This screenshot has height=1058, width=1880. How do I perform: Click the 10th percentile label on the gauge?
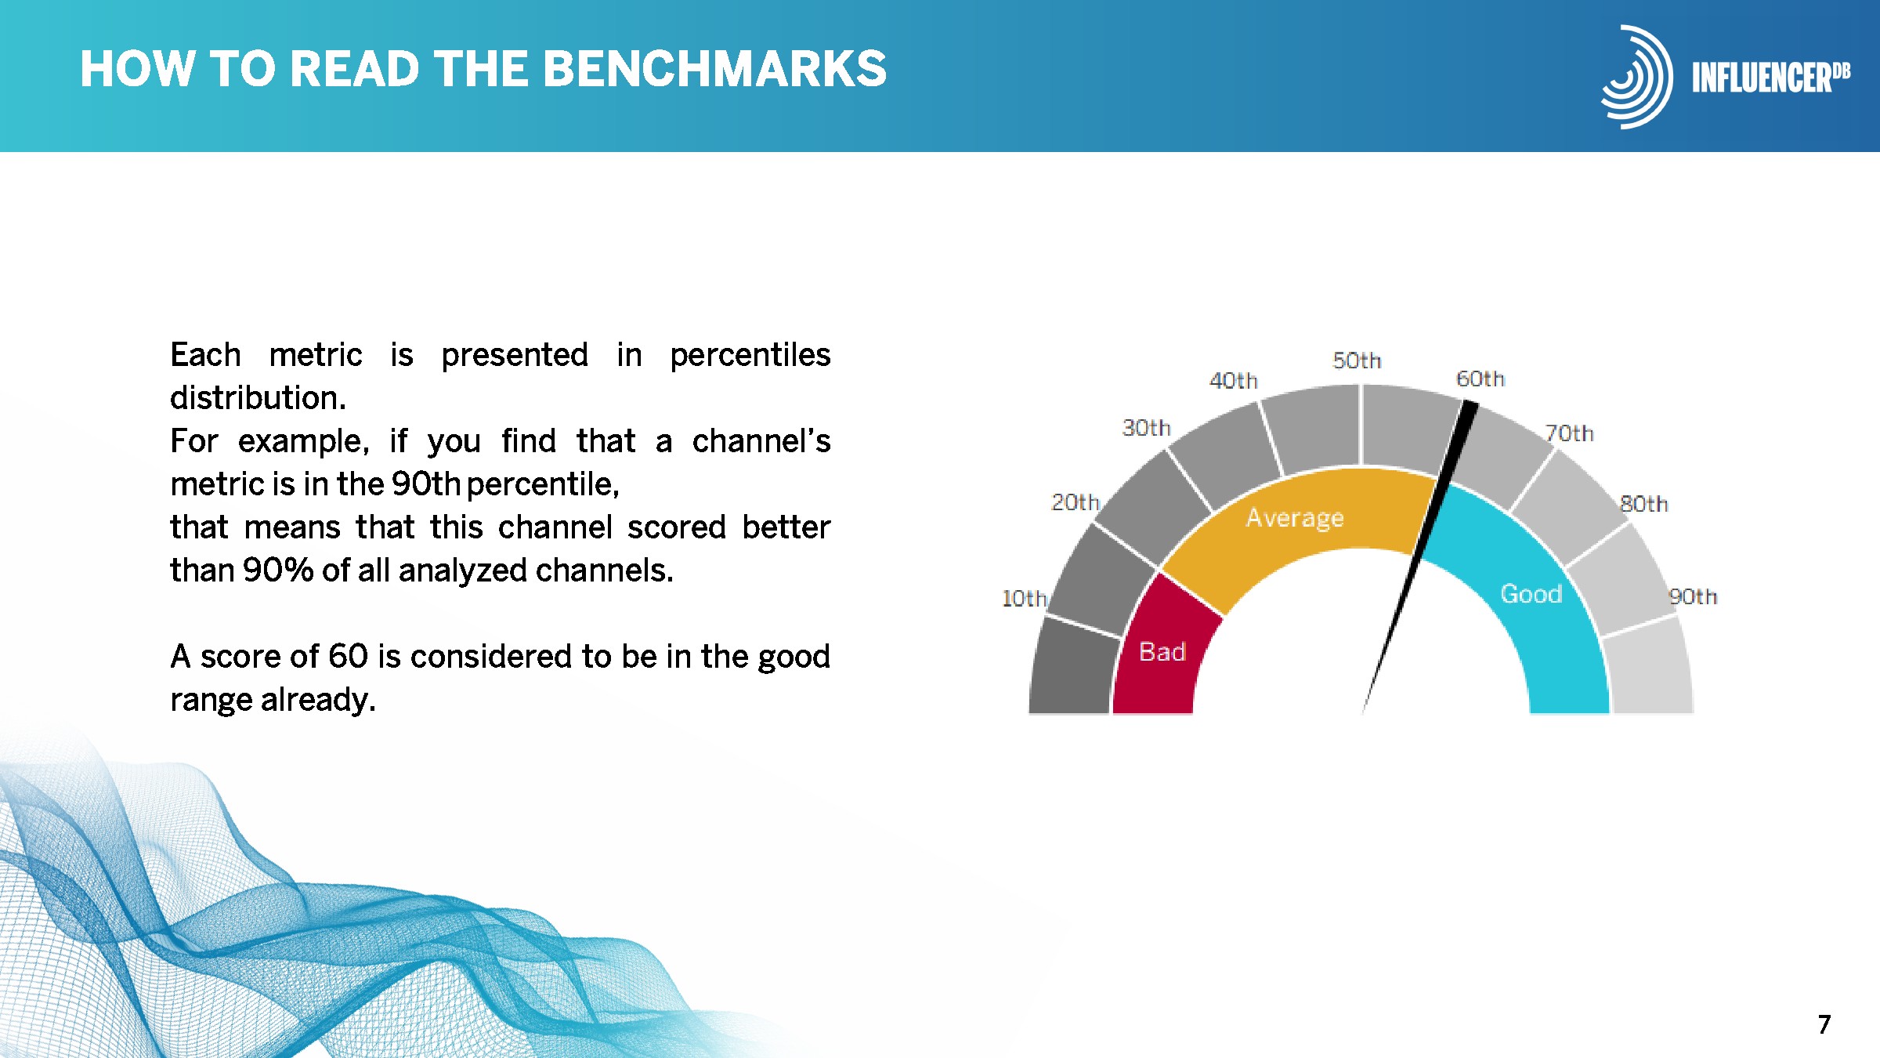(x=1025, y=598)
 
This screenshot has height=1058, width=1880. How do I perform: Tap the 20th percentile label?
(x=1076, y=502)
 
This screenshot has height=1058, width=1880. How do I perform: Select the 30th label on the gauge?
(x=1146, y=428)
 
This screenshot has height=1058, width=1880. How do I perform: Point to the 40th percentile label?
(x=1234, y=381)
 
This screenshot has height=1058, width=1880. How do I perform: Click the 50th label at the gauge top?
(x=1357, y=361)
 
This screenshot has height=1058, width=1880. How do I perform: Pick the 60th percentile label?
(x=1480, y=379)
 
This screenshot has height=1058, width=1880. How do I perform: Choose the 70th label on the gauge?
(x=1569, y=433)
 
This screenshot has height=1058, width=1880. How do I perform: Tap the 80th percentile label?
(x=1643, y=504)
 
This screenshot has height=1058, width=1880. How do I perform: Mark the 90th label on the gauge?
(x=1693, y=596)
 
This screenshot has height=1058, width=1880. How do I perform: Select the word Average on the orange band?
(x=1295, y=518)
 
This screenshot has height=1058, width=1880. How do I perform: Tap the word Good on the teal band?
(x=1531, y=594)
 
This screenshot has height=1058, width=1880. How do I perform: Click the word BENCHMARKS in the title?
(x=714, y=69)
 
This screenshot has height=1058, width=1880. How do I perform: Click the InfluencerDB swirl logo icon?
(x=1636, y=77)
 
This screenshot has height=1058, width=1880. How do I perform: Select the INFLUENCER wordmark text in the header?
(x=1762, y=78)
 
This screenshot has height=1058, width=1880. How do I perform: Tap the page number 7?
(x=1824, y=1024)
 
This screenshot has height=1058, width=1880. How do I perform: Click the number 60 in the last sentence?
(x=348, y=657)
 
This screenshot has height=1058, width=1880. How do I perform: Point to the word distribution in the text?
(x=258, y=398)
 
